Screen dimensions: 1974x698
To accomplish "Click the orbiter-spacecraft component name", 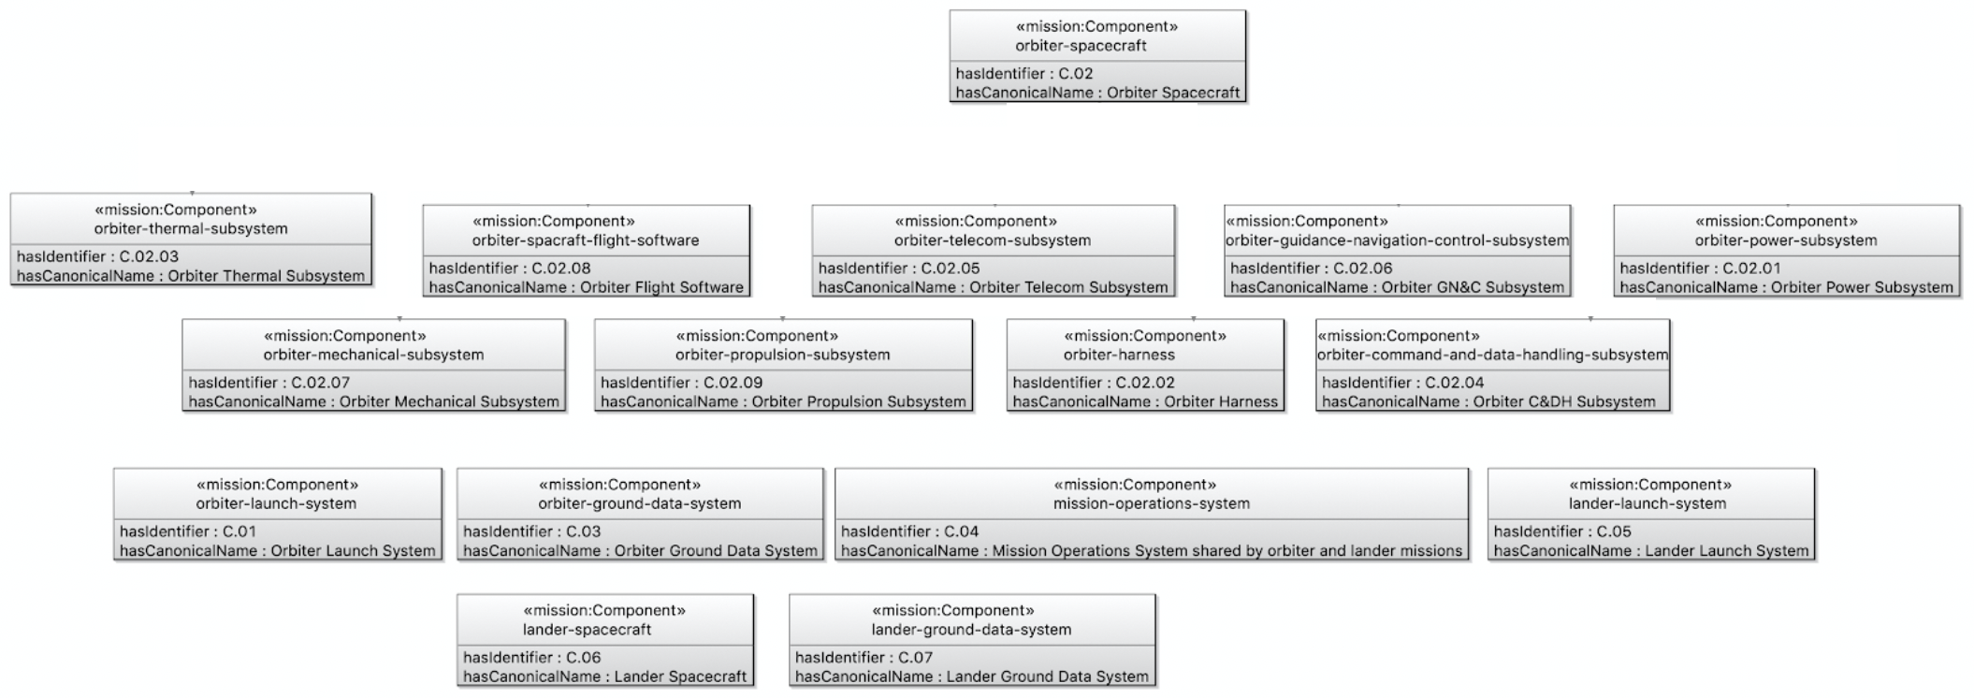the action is point(1081,46).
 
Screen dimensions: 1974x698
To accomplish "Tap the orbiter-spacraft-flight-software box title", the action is point(586,240).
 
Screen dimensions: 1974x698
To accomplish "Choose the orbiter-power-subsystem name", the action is point(1786,240).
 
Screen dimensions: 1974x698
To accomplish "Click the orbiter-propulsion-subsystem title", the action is point(783,356).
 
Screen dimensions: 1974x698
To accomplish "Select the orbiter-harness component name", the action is point(1119,356).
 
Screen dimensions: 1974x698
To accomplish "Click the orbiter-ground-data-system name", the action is point(640,503).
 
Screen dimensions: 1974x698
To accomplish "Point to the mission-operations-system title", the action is point(1152,503).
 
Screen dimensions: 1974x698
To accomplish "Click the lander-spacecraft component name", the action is point(587,630).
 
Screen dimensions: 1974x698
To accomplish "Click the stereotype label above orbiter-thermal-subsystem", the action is point(176,210).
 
